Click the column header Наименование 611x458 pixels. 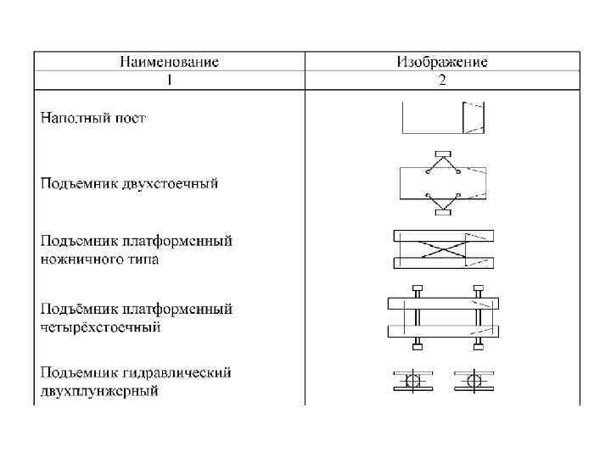(169, 62)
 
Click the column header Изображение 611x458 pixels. (442, 62)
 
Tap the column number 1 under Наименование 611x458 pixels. (169, 81)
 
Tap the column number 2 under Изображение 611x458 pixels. (442, 81)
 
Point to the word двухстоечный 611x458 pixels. (174, 183)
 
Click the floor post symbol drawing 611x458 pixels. (444, 118)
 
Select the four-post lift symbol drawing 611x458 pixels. (444, 316)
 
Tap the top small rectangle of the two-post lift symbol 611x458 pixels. (443, 154)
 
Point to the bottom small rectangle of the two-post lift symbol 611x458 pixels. (443, 212)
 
